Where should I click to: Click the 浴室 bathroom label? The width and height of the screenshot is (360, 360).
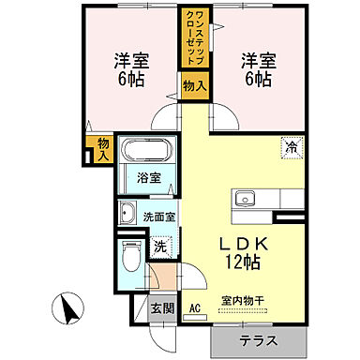coord(148,177)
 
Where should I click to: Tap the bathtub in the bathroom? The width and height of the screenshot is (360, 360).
coord(148,151)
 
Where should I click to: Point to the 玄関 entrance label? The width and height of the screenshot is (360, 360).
coord(161,307)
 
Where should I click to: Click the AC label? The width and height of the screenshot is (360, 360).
coord(195,307)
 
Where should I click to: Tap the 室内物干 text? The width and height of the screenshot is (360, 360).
coord(243,301)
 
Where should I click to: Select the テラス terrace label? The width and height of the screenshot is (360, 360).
coord(257,341)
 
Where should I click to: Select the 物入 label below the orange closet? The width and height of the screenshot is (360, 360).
coord(190,86)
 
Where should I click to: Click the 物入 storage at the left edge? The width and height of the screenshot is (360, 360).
coord(103,149)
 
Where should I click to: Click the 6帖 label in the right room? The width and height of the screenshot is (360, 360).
coord(258,81)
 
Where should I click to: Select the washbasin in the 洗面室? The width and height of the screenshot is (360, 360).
coord(127,213)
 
